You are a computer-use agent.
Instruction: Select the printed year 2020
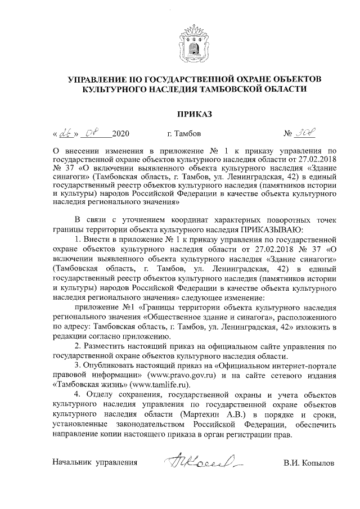[x=121, y=135]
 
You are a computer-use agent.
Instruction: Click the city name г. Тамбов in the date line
[x=183, y=135]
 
